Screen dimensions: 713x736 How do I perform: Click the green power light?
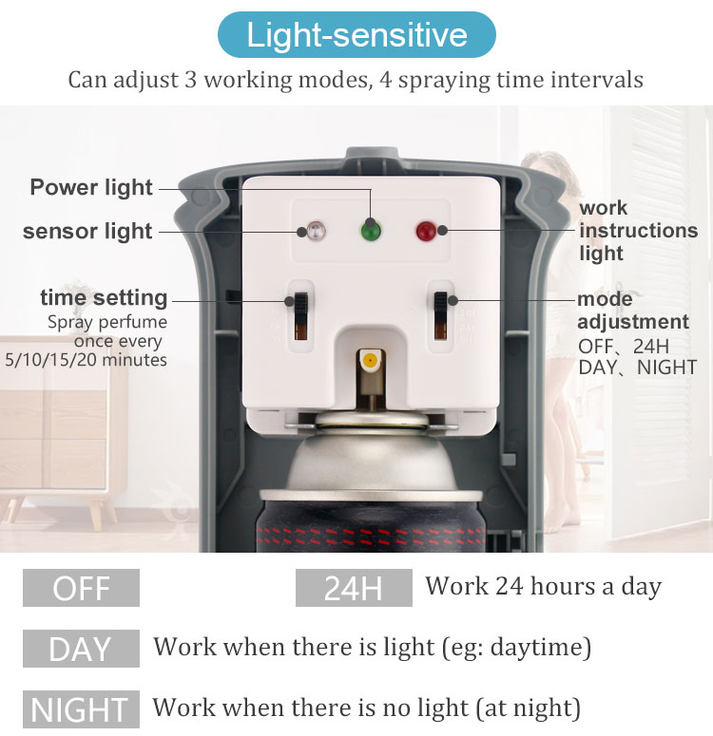coord(371,232)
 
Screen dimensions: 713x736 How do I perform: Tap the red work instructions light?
coord(426,231)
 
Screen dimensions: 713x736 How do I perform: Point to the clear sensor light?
coord(316,231)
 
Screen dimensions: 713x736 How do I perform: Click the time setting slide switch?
coord(300,315)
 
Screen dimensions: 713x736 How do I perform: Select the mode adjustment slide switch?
coord(440,315)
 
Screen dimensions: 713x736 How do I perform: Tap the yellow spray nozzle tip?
coord(371,361)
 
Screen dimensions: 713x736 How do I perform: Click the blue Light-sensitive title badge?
coord(356,35)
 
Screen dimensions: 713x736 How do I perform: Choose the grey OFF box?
coord(82,588)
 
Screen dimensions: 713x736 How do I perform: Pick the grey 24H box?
coord(354,588)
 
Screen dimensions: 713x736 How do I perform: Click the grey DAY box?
coord(82,649)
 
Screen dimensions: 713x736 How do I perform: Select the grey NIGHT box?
coord(82,708)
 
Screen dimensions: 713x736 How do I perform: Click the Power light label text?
coord(91,187)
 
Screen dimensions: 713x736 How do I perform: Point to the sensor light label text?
coord(87,231)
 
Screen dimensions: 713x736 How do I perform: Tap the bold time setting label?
coord(104,298)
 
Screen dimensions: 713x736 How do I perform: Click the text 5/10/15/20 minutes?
coord(86,360)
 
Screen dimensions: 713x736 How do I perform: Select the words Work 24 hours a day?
coord(544,587)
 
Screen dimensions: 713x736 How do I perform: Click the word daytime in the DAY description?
coord(538,648)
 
